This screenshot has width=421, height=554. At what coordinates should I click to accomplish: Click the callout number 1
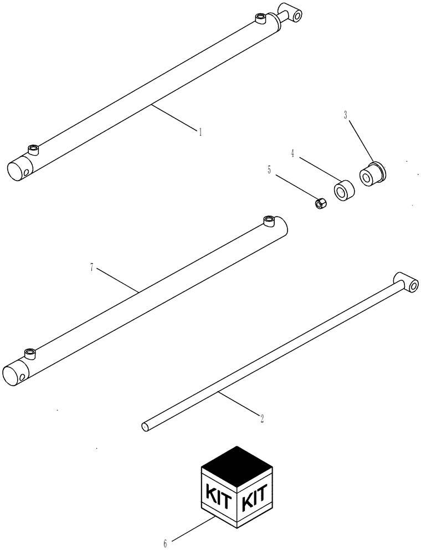pos(200,132)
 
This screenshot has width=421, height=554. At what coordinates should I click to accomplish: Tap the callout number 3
pos(345,116)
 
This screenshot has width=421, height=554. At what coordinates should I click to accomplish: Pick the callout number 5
pos(270,170)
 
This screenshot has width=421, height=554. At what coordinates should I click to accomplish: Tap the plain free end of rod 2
pos(145,427)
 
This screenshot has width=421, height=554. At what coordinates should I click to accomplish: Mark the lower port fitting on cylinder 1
pos(34,149)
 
